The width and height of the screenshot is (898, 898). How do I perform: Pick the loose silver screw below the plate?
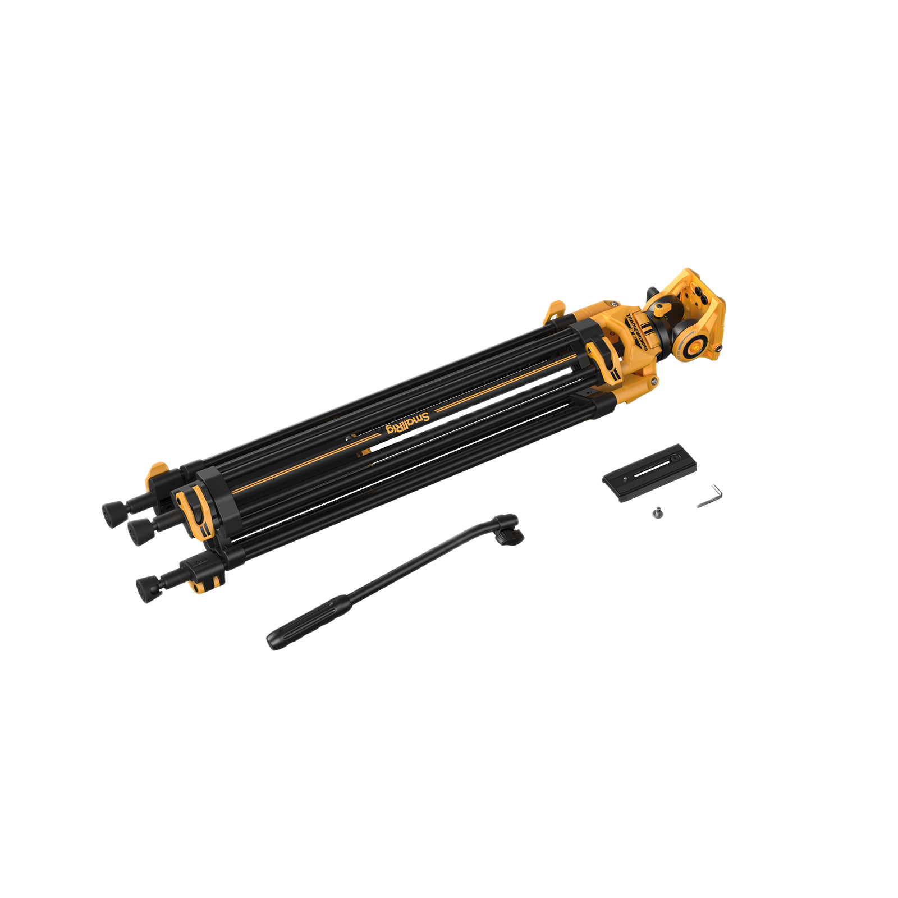pyautogui.click(x=658, y=512)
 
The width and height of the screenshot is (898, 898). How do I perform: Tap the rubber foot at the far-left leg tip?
pyautogui.click(x=112, y=514)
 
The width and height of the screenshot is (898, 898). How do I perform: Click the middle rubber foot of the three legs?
pyautogui.click(x=137, y=532)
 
